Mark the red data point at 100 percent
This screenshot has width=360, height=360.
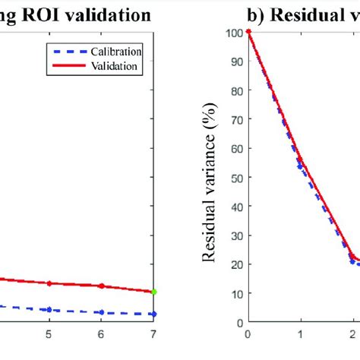[x=248, y=32]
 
